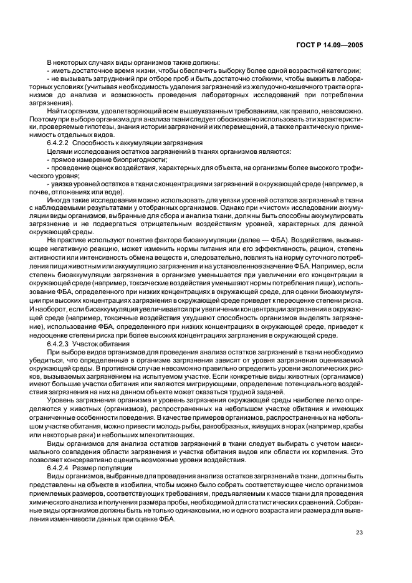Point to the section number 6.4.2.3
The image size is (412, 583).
(x=59, y=344)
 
